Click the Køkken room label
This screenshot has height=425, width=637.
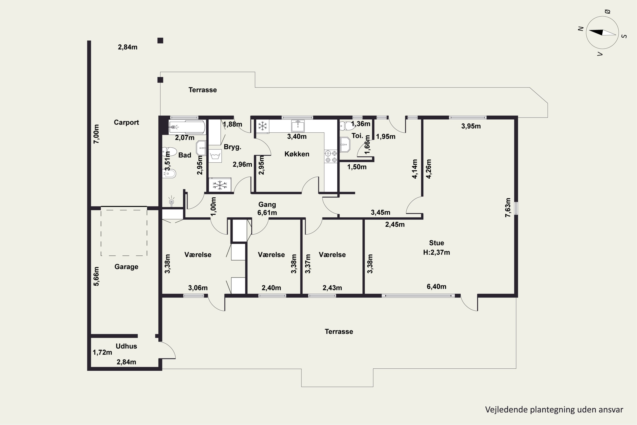click(297, 154)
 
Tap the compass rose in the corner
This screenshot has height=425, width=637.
click(602, 33)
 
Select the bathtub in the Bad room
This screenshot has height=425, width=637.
click(187, 127)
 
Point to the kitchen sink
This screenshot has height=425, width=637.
click(298, 126)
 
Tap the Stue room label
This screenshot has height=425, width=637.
click(436, 243)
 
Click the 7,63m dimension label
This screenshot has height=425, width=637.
click(508, 208)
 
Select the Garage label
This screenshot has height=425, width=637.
click(126, 267)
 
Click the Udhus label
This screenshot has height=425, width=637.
click(126, 346)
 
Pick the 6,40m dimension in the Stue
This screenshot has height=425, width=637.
click(436, 286)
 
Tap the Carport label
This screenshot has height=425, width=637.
click(126, 123)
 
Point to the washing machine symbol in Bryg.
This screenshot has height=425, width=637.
click(215, 156)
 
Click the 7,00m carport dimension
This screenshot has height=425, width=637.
click(96, 134)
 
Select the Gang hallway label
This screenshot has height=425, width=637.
click(267, 205)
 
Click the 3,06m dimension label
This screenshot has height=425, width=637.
click(198, 288)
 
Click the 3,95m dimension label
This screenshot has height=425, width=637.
click(471, 126)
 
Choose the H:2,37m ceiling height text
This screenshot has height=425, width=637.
click(436, 252)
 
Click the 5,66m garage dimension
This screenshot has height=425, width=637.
click(96, 276)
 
